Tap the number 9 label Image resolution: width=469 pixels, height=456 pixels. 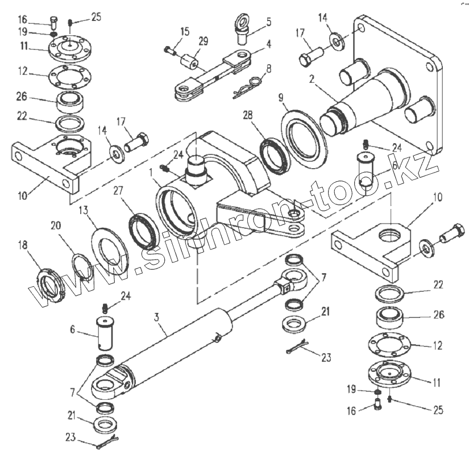click(x=280, y=97)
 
